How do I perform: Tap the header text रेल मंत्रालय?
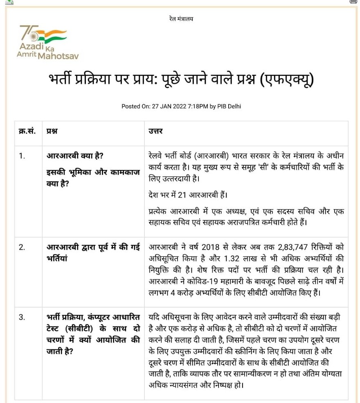pyautogui.click(x=181, y=18)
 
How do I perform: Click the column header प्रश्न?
pyautogui.click(x=52, y=131)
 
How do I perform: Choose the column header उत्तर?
pyautogui.click(x=155, y=131)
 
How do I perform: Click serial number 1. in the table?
pyautogui.click(x=22, y=156)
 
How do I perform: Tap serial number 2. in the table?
pyautogui.click(x=22, y=247)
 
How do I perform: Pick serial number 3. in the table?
pyautogui.click(x=22, y=317)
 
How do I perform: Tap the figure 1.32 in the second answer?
pyautogui.click(x=232, y=259)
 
